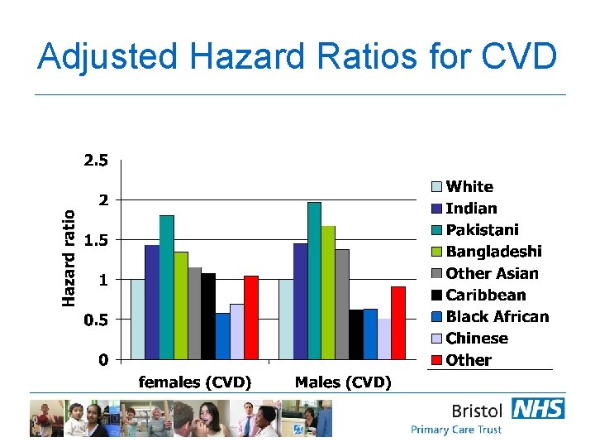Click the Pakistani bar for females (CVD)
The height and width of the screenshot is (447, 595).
click(167, 287)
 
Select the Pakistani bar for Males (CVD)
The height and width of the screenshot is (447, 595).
click(314, 281)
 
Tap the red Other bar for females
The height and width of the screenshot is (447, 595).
click(251, 318)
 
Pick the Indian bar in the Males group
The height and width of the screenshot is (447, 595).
click(300, 301)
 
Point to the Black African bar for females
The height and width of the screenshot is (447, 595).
click(223, 336)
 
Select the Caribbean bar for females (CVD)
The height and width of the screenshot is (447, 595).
click(209, 316)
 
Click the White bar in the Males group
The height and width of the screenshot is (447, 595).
click(286, 319)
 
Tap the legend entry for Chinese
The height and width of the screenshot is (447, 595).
click(477, 338)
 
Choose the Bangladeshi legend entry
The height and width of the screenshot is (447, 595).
click(493, 251)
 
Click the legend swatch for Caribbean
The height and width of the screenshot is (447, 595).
click(437, 296)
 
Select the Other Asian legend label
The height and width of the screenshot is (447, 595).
click(492, 273)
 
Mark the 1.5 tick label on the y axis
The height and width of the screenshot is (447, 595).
click(96, 240)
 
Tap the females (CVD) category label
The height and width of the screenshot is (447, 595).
click(195, 382)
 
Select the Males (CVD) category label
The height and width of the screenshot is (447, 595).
click(343, 382)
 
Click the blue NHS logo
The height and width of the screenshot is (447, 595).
click(538, 409)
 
